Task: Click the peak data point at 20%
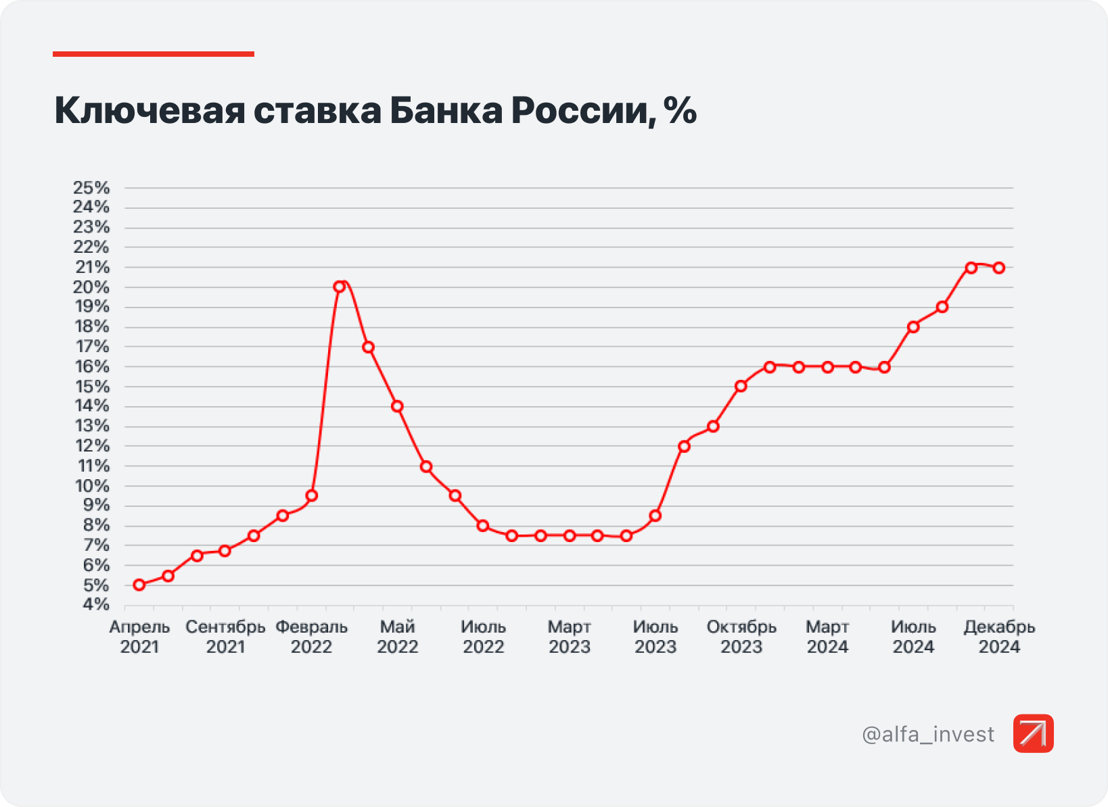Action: (340, 287)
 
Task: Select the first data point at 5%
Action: (139, 585)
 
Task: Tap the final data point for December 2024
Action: (999, 268)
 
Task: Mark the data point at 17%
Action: (369, 347)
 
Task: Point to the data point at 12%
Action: (684, 446)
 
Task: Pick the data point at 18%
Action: (913, 327)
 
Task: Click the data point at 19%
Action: (942, 307)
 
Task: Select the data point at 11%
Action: (426, 466)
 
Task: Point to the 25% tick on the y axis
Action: (91, 187)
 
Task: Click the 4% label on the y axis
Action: (95, 604)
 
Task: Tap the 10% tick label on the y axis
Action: (92, 486)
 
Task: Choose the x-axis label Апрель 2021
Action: (139, 637)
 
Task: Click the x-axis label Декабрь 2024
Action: (999, 637)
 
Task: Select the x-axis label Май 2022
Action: (397, 637)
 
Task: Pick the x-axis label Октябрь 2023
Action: (741, 637)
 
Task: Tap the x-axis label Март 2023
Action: (569, 637)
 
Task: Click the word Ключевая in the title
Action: (149, 110)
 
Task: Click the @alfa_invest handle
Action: (928, 734)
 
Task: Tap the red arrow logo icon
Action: (1033, 733)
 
